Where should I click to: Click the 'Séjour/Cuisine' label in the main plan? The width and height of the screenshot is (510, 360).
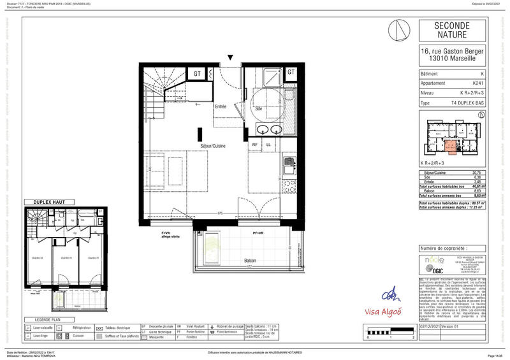pos(214,146)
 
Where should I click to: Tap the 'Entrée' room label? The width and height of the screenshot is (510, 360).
pos(221,106)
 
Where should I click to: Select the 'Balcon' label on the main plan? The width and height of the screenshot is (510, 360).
pos(250,261)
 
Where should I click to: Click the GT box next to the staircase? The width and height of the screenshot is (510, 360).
pos(198,73)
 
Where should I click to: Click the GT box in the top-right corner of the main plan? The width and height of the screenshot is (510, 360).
pos(291,72)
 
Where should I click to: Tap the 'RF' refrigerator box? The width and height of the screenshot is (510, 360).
pos(255,145)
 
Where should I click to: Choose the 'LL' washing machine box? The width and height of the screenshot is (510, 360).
pos(268,145)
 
